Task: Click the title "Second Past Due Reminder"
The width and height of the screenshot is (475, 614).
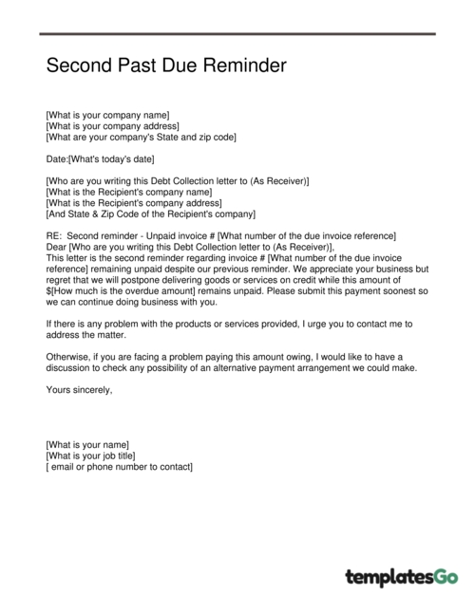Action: click(165, 67)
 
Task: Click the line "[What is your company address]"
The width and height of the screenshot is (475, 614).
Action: click(112, 126)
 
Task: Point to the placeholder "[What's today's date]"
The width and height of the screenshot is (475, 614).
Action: click(111, 158)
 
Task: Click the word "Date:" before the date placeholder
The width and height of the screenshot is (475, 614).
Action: click(57, 158)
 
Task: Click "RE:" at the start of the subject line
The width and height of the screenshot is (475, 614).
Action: click(53, 235)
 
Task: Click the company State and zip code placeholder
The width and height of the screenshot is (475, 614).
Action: click(141, 138)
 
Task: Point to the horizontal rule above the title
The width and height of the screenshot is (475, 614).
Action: click(237, 34)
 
